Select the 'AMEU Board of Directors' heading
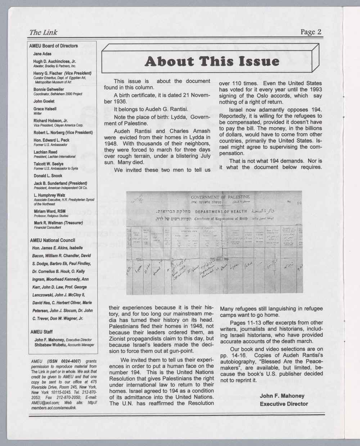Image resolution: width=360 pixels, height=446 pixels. click(53, 46)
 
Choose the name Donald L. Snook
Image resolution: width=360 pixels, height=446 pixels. click(48, 176)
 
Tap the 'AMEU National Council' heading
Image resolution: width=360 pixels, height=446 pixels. click(52, 240)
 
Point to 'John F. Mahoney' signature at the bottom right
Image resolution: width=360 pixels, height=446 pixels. click(282, 396)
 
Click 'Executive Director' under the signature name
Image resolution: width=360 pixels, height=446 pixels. click(284, 404)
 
